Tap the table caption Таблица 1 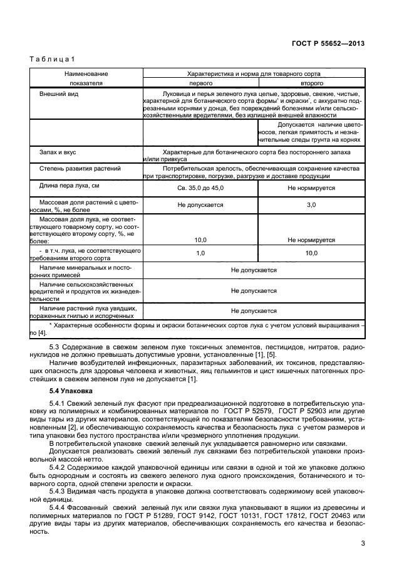coord(53,60)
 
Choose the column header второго coord(311,82)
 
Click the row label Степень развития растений coord(80,169)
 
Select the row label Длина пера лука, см coord(69,186)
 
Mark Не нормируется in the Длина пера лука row coord(311,188)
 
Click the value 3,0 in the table coord(311,205)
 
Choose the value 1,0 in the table coord(200,253)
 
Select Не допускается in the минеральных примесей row coord(254,270)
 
